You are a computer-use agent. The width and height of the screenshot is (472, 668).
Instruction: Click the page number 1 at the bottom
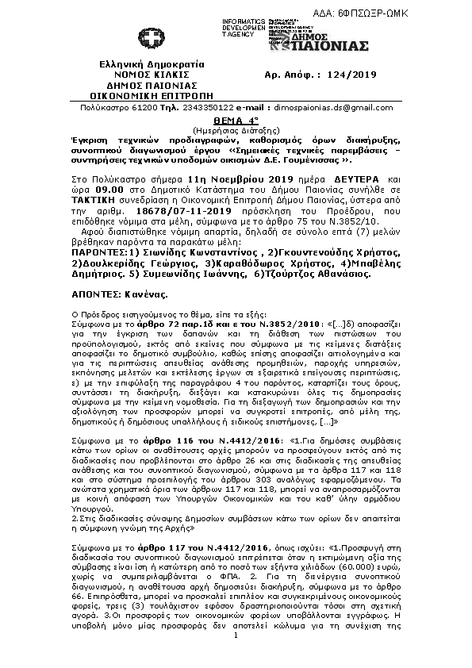click(x=236, y=657)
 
